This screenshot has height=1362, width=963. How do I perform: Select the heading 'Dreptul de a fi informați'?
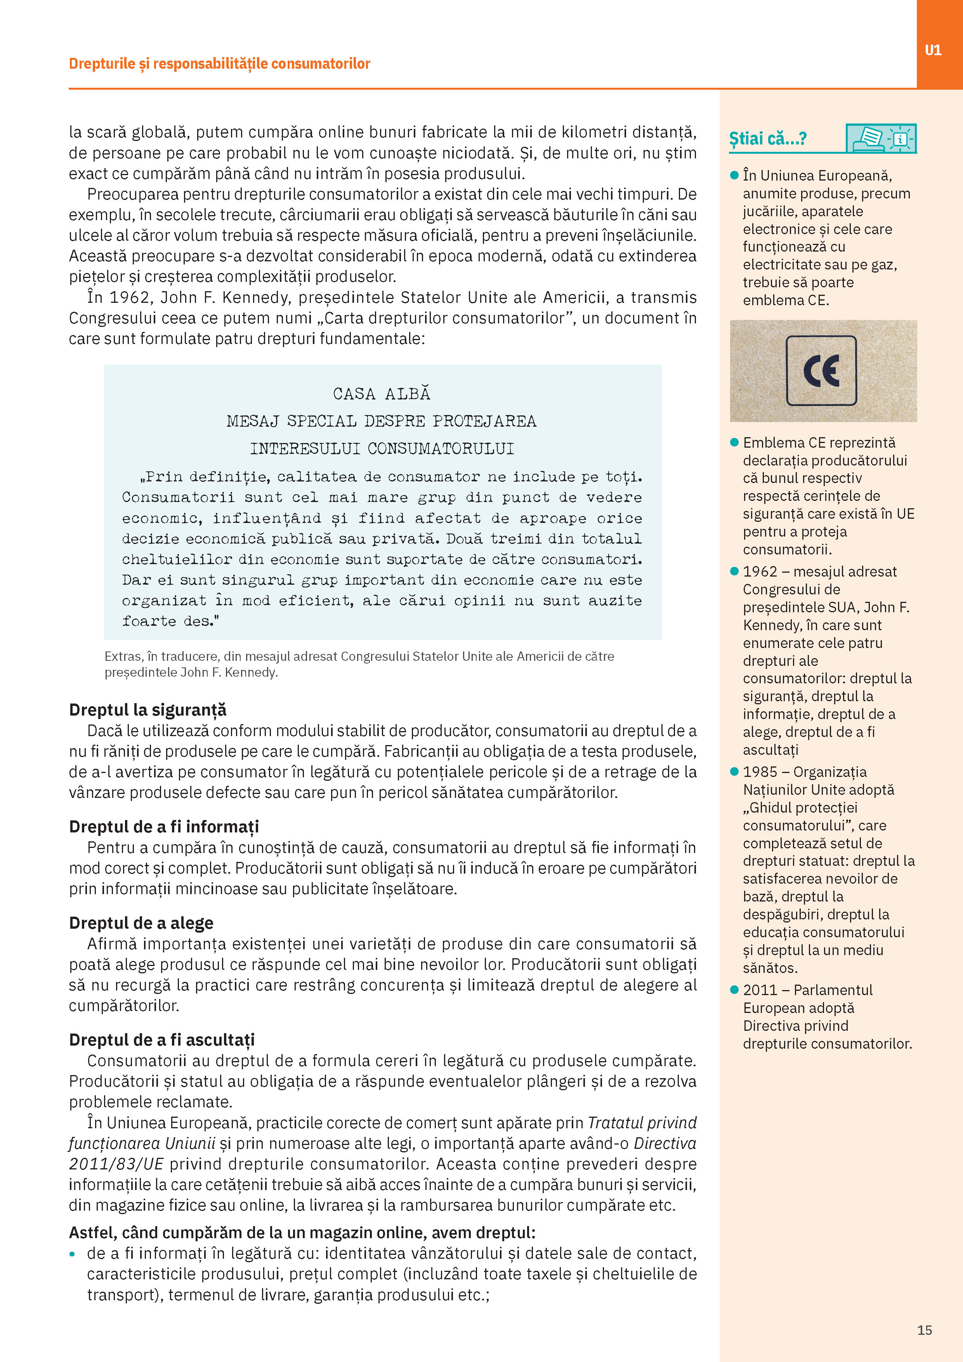pyautogui.click(x=164, y=826)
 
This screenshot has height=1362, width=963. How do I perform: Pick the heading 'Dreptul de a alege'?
pyautogui.click(x=141, y=922)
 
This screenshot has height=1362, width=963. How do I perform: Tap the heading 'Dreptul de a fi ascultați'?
pyautogui.click(x=162, y=1039)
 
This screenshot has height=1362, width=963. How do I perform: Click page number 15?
pyautogui.click(x=925, y=1330)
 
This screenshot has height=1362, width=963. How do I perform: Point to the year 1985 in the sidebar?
pyautogui.click(x=760, y=772)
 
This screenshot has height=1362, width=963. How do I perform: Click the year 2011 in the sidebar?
pyautogui.click(x=760, y=990)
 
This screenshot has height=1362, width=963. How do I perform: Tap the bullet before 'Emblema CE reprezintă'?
pyautogui.click(x=734, y=443)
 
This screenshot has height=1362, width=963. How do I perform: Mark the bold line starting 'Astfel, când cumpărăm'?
pyautogui.click(x=302, y=1233)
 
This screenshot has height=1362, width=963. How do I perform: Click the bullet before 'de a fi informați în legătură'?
pyautogui.click(x=72, y=1254)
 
